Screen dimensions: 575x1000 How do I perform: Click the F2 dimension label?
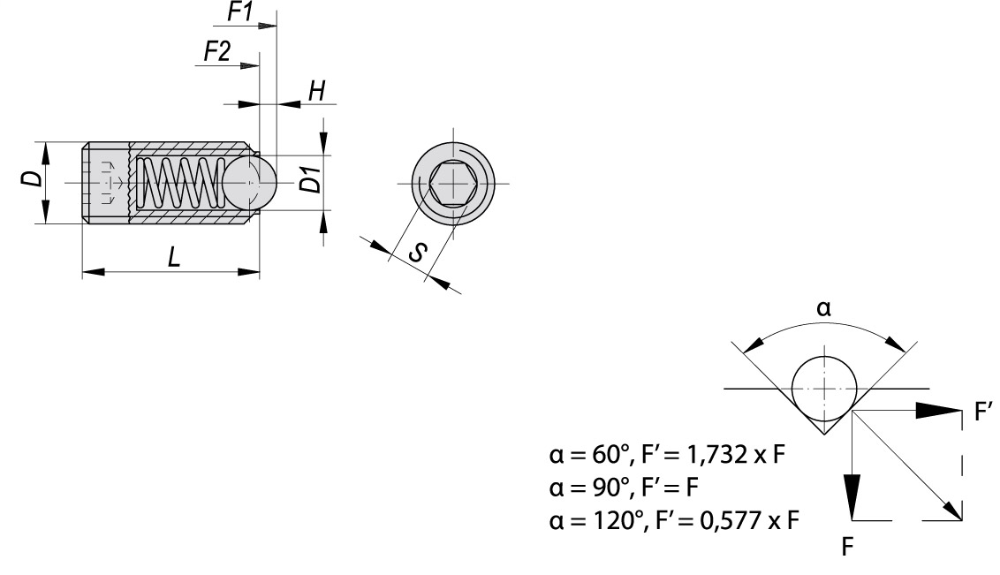pos(217,52)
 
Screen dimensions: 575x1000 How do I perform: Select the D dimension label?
pos(32,181)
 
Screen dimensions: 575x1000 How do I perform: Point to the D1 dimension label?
pos(309,182)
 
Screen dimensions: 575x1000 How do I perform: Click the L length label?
pos(175,257)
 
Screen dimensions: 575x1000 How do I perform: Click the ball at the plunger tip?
pos(249,184)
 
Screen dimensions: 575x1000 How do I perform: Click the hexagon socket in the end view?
pos(452,184)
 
